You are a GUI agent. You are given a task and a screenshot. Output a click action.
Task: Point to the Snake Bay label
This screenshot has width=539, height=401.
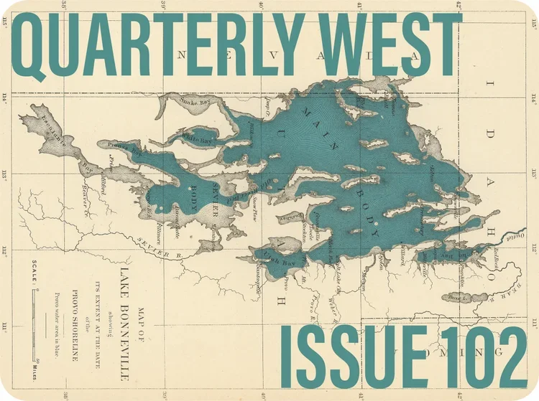pos(196,103)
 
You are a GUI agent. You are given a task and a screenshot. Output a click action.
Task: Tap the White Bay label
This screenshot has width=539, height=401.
pos(196,136)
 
